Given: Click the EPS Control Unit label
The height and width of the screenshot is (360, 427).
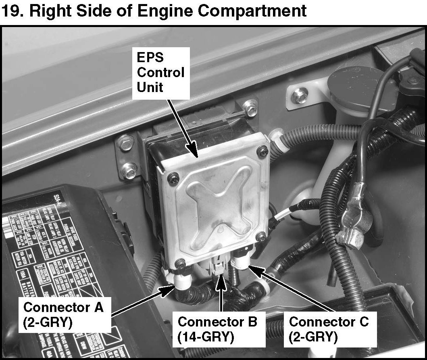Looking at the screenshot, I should click(x=161, y=73).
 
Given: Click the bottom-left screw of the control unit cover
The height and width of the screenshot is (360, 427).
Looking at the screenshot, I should click(x=182, y=263).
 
